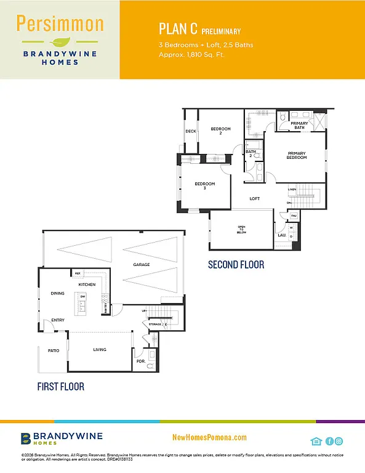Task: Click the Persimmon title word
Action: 60,24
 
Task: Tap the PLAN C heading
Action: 176,30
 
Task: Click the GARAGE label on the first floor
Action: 142,265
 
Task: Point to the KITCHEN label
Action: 86,285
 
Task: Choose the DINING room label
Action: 58,293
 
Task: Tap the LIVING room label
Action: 100,350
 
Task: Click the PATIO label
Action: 54,350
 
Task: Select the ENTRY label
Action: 58,320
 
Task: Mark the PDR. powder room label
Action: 140,362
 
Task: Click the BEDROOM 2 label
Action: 220,131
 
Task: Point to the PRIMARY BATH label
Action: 299,126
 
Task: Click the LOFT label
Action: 255,199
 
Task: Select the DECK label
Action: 190,131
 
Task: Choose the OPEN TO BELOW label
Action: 242,229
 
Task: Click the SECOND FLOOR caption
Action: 236,265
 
